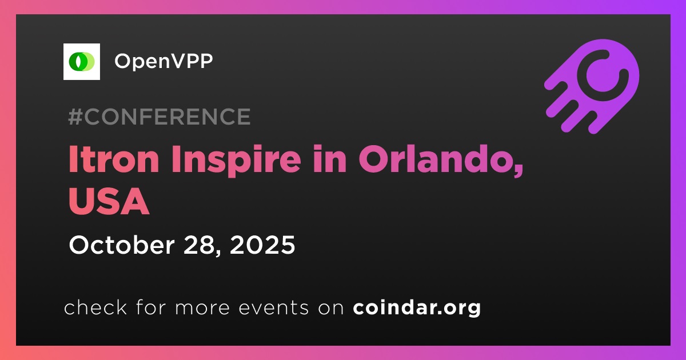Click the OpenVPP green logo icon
click(81, 62)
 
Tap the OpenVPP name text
click(163, 61)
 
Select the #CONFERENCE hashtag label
click(159, 117)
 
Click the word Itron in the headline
click(114, 159)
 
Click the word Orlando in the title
click(437, 159)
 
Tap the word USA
click(109, 201)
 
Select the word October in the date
click(122, 245)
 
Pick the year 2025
click(262, 245)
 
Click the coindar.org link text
click(417, 308)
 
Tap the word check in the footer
click(95, 307)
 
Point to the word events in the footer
click(273, 308)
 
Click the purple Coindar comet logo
click(592, 87)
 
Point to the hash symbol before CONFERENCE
click(75, 117)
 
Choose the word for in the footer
click(151, 307)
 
